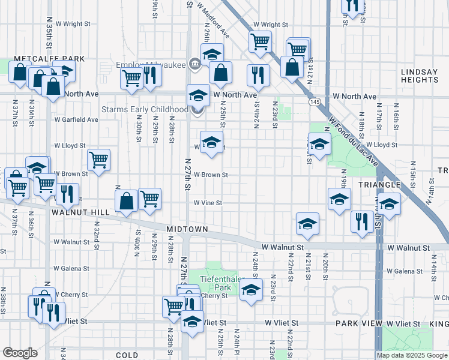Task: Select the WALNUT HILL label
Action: pyautogui.click(x=80, y=212)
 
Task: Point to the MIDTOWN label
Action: pyautogui.click(x=187, y=229)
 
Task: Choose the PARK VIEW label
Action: pyautogui.click(x=359, y=323)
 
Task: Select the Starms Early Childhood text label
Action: pyautogui.click(x=145, y=109)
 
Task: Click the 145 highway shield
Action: pyautogui.click(x=315, y=103)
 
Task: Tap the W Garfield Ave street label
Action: pyautogui.click(x=76, y=119)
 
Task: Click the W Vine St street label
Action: pyautogui.click(x=208, y=203)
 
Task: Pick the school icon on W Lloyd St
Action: pyautogui.click(x=211, y=143)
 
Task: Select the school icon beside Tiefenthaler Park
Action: pyautogui.click(x=251, y=291)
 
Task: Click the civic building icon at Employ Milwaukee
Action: pyautogui.click(x=194, y=64)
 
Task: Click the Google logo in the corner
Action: pyautogui.click(x=20, y=353)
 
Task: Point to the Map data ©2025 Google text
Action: pyautogui.click(x=412, y=355)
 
